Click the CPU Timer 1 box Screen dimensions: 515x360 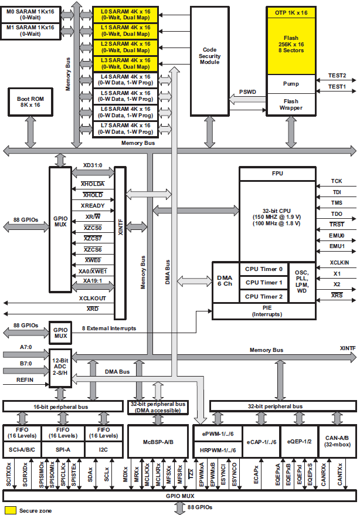point(264,283)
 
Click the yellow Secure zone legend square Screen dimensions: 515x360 point(10,510)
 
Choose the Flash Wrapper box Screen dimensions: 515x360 point(291,104)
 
